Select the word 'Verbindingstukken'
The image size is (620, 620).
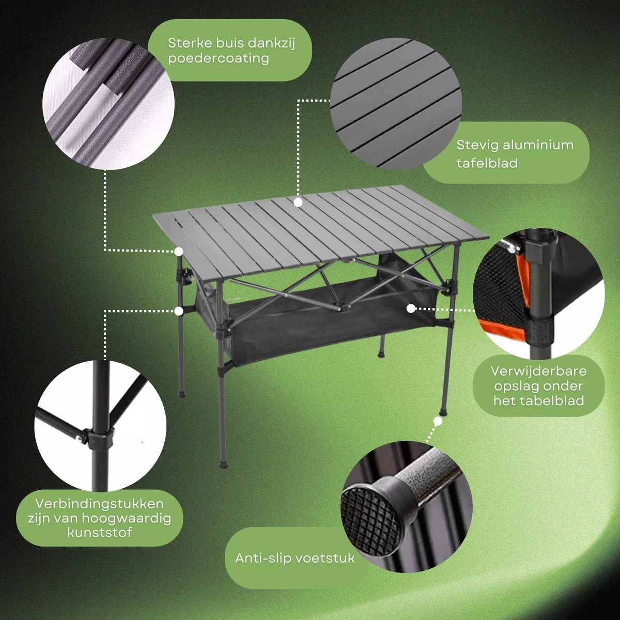(x=99, y=504)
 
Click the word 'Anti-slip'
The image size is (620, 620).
(x=262, y=558)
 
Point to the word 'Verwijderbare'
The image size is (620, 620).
(x=538, y=371)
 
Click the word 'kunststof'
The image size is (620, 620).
(x=100, y=532)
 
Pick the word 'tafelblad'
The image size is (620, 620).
(x=487, y=163)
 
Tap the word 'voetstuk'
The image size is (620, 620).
(x=324, y=558)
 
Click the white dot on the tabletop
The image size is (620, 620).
(x=298, y=203)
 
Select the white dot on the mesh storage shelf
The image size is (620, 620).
(x=411, y=308)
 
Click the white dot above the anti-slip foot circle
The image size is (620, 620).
(x=438, y=421)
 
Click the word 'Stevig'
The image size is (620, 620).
(x=477, y=145)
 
